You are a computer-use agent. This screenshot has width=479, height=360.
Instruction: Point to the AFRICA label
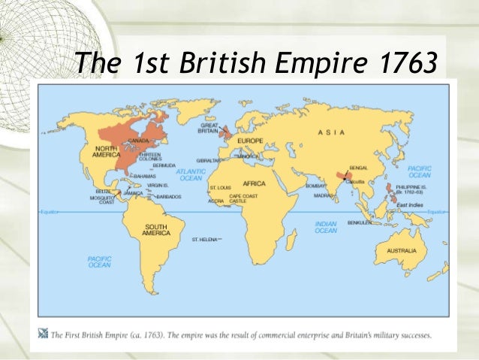tap(254, 183)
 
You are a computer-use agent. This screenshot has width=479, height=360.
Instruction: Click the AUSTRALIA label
tap(402, 250)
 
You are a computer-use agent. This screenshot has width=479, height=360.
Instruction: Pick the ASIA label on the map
tap(331, 132)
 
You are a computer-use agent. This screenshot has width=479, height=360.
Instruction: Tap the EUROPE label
tap(250, 141)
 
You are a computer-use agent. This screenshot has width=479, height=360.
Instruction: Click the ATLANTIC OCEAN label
tap(191, 175)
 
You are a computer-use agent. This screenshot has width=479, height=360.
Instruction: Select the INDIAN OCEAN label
tap(325, 227)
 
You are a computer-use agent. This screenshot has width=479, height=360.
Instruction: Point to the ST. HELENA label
tap(203, 240)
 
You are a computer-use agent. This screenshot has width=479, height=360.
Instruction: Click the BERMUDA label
tap(164, 165)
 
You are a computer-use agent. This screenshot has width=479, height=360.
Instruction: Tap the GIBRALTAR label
tap(209, 161)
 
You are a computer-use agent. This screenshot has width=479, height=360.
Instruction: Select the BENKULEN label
tap(360, 222)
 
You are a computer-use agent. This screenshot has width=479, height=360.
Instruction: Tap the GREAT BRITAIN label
tap(208, 129)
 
